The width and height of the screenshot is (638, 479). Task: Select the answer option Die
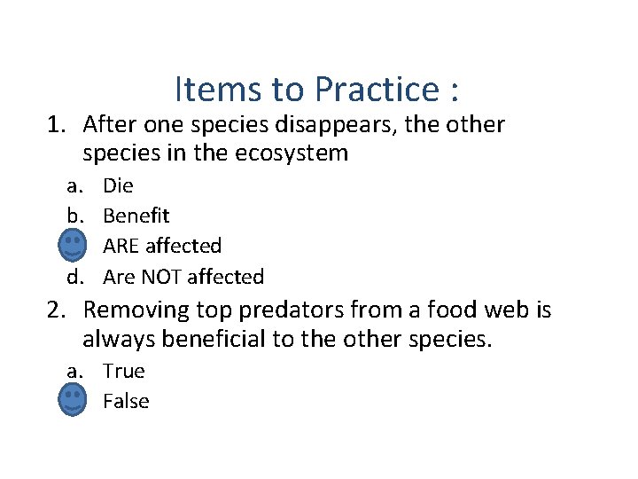click(118, 186)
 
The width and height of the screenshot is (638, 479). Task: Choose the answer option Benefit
click(136, 216)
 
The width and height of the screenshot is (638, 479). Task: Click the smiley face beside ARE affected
click(73, 245)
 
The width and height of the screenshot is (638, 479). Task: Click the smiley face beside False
click(73, 400)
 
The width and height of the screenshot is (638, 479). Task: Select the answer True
click(123, 371)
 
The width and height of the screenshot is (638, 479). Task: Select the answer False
click(126, 401)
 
